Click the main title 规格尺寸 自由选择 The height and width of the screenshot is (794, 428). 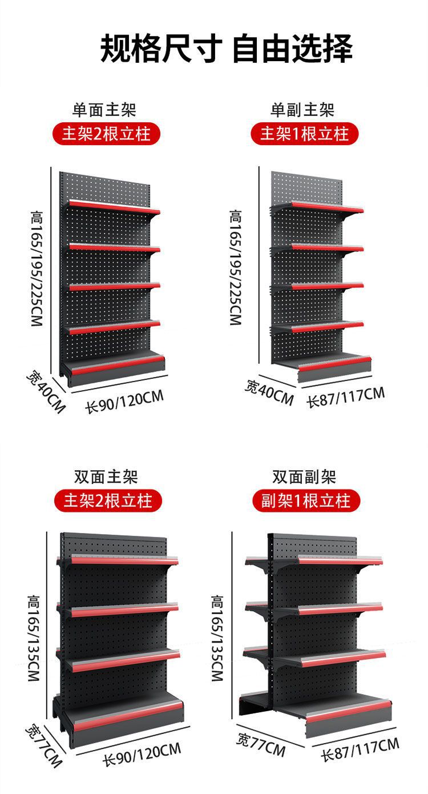[227, 48]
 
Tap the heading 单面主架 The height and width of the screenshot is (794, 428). [104, 109]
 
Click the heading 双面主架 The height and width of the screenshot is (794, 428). [106, 476]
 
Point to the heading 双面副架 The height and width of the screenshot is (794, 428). [304, 476]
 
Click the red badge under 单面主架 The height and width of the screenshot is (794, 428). [106, 135]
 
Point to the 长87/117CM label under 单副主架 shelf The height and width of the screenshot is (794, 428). [346, 396]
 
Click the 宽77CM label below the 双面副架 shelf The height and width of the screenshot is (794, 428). [261, 746]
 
